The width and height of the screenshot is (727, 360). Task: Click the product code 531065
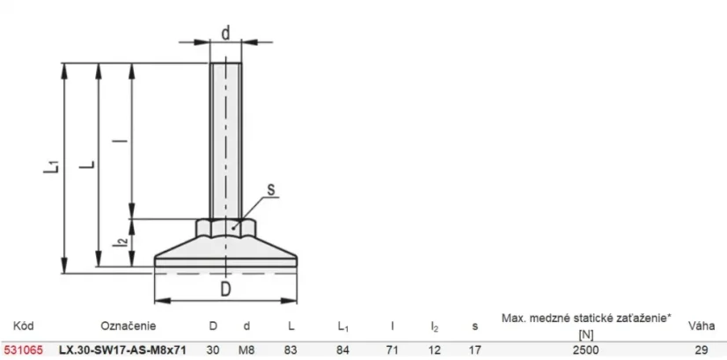(x=23, y=349)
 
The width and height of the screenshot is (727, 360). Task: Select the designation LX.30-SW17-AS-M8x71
(x=123, y=349)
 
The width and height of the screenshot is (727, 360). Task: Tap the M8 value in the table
(x=246, y=349)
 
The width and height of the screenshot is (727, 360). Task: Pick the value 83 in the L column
(x=290, y=349)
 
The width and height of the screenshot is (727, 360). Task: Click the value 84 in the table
(x=342, y=349)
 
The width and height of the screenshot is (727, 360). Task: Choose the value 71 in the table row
(x=393, y=349)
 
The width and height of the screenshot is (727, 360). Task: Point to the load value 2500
(x=586, y=349)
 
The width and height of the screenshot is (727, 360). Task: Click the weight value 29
(x=701, y=349)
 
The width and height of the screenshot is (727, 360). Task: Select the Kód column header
(x=24, y=326)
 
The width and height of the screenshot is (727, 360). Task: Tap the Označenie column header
(x=129, y=326)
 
